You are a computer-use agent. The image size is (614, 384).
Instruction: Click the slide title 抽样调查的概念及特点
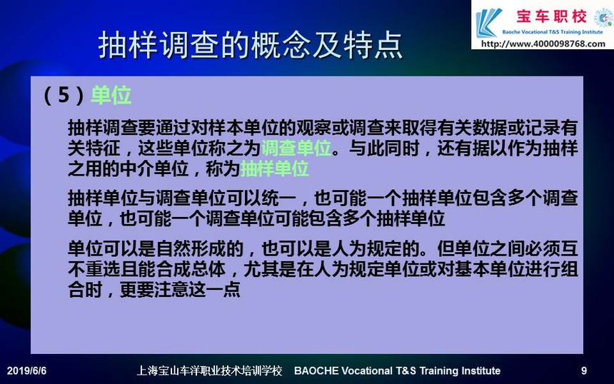pyautogui.click(x=250, y=44)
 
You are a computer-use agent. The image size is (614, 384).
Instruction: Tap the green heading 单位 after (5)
pyautogui.click(x=111, y=95)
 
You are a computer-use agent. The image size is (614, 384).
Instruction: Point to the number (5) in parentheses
pyautogui.click(x=64, y=95)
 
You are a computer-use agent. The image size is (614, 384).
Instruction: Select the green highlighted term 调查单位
pyautogui.click(x=296, y=148)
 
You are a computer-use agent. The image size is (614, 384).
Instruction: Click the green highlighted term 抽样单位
pyautogui.click(x=274, y=168)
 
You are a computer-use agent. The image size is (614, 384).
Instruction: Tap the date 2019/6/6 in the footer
pyautogui.click(x=26, y=370)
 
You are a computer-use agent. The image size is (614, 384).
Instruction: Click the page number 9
pyautogui.click(x=584, y=370)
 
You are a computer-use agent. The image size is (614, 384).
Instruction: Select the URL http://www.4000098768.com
pyautogui.click(x=543, y=44)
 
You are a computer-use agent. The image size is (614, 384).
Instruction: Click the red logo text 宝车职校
pyautogui.click(x=551, y=16)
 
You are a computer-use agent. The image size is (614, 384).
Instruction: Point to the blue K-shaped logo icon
pyautogui.click(x=488, y=23)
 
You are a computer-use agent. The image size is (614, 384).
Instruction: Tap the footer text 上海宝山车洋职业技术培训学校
pyautogui.click(x=209, y=370)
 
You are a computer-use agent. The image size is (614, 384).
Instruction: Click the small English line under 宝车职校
pyautogui.click(x=553, y=31)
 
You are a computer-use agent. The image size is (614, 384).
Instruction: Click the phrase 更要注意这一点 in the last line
pyautogui.click(x=180, y=290)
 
